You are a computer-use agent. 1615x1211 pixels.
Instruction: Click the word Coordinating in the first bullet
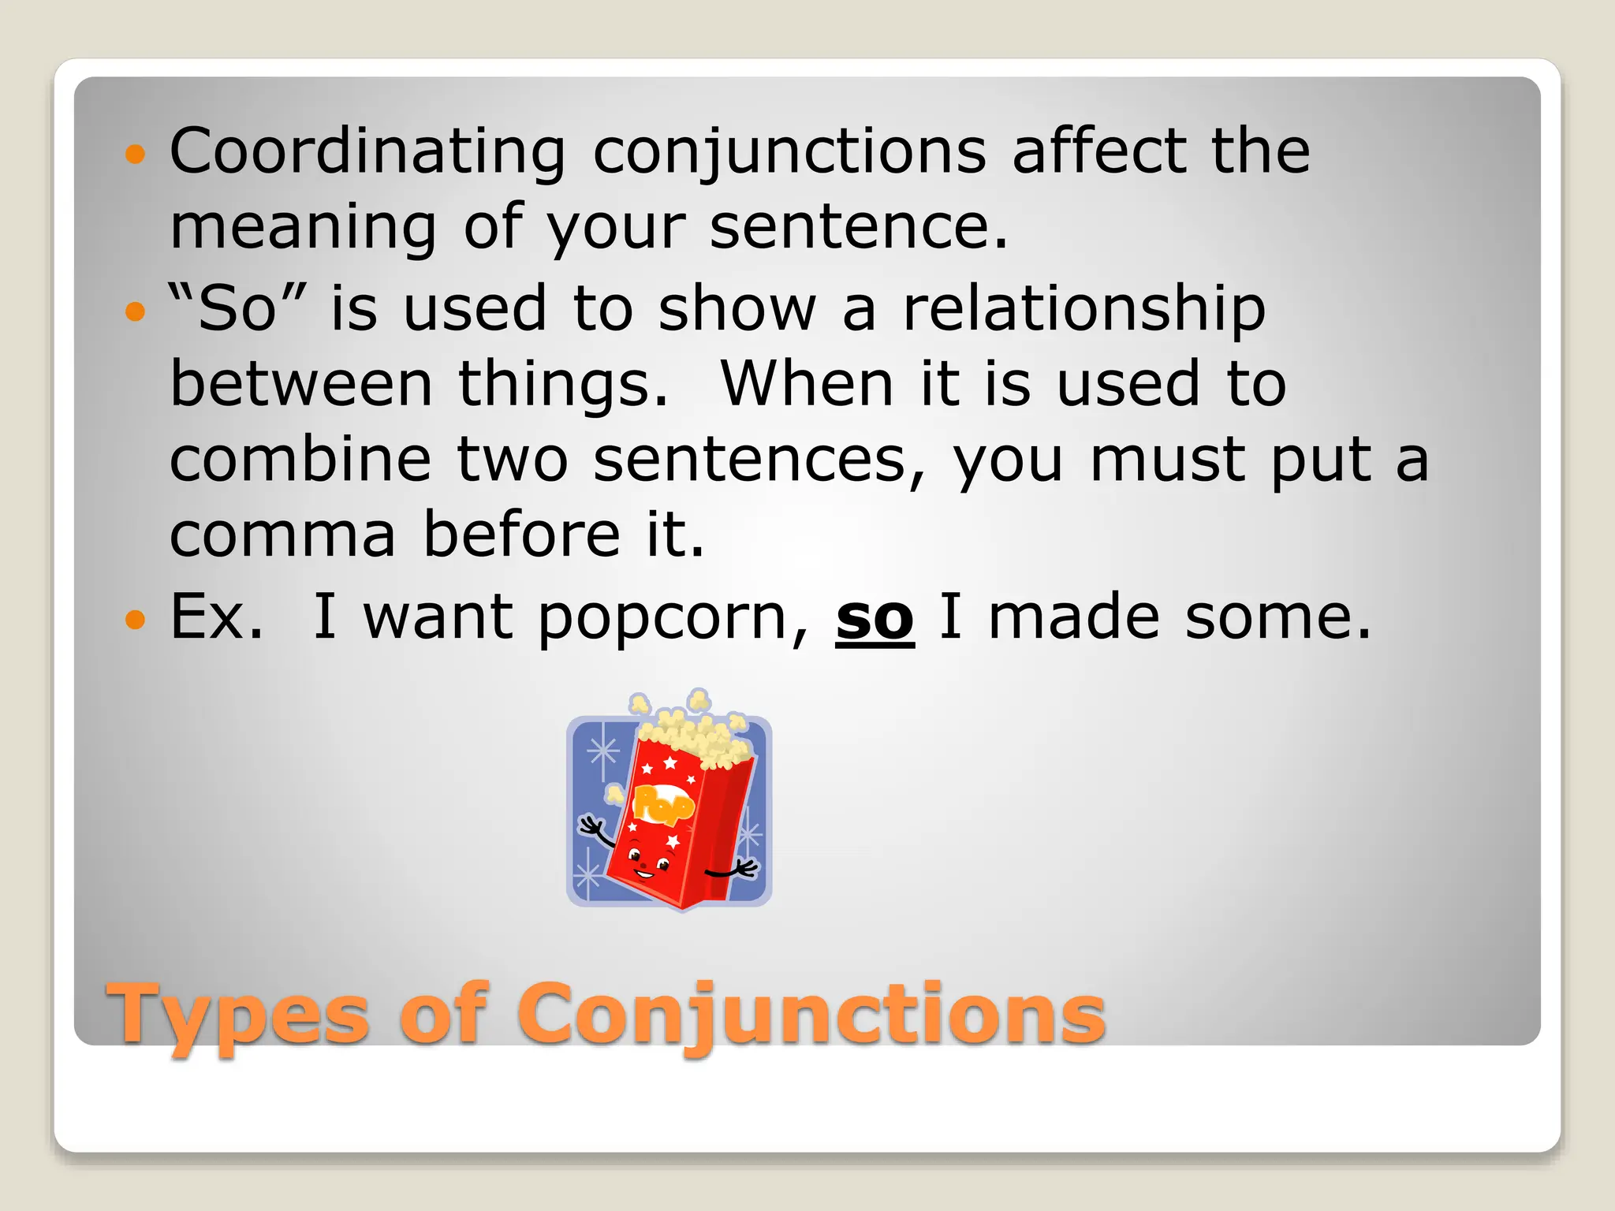coord(367,151)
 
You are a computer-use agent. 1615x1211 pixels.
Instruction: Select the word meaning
coord(303,227)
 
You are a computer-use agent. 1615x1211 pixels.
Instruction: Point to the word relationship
coord(1084,309)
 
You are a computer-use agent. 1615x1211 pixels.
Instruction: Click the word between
coord(301,384)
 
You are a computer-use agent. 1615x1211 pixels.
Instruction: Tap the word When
coord(807,384)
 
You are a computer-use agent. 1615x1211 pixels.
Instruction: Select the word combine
coord(300,460)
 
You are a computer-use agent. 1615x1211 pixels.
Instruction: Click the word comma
coord(282,535)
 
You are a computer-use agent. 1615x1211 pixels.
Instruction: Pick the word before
coord(522,535)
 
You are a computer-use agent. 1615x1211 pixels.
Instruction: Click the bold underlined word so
coord(875,618)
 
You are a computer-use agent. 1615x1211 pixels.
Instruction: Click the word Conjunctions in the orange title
coord(811,1015)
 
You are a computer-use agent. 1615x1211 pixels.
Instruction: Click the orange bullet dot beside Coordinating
coord(136,153)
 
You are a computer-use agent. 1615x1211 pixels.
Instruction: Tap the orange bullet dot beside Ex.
coord(136,620)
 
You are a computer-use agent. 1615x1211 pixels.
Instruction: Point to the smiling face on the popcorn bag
coord(648,862)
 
